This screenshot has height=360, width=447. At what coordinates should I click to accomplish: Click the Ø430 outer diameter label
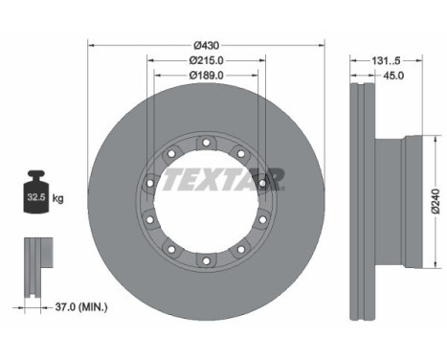coord(207,45)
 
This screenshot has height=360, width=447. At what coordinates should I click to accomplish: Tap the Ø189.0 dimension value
coord(207,76)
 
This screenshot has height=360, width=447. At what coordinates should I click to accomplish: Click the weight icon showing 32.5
coord(35,198)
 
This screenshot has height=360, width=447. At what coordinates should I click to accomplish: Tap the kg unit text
coord(58,199)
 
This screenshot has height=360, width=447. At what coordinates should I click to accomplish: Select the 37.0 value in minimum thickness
coord(60,306)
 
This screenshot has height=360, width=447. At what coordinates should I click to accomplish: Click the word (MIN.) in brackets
coord(93,306)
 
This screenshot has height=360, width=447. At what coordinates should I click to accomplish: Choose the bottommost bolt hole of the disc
coord(206,260)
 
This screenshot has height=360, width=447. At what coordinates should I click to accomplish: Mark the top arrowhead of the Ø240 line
coord(427,140)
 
